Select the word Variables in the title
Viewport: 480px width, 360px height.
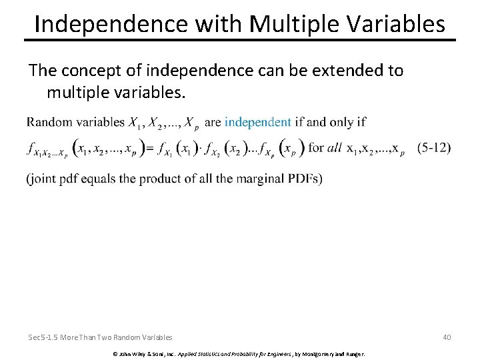coord(395,24)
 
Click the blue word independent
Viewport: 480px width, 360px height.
coord(257,122)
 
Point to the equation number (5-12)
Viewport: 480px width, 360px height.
coord(434,148)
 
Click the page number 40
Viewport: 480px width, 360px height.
coord(446,337)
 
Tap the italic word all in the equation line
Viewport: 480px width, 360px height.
coord(335,148)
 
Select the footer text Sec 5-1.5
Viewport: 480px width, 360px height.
coord(45,337)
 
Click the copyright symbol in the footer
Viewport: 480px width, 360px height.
coord(115,353)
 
